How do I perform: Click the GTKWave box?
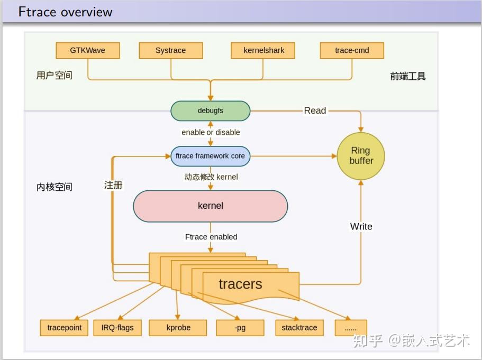click(x=88, y=51)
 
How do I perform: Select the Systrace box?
click(x=170, y=51)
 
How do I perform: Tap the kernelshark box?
click(x=263, y=51)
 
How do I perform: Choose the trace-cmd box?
click(x=352, y=51)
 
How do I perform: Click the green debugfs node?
click(x=210, y=111)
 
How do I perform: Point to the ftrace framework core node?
click(x=210, y=156)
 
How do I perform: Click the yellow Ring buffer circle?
click(x=361, y=156)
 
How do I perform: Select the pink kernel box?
click(x=210, y=206)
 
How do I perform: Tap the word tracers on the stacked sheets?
click(x=240, y=284)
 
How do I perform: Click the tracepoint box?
click(x=65, y=328)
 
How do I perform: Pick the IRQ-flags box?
click(x=117, y=328)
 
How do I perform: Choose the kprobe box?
click(x=178, y=328)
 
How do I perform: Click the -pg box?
click(x=240, y=328)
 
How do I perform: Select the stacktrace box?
click(x=299, y=328)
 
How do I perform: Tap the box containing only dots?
click(x=350, y=328)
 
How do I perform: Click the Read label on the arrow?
click(x=315, y=110)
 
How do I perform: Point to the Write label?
click(x=361, y=226)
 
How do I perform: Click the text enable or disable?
click(x=211, y=132)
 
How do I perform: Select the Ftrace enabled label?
click(x=211, y=237)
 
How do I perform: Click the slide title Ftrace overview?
click(x=65, y=12)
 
